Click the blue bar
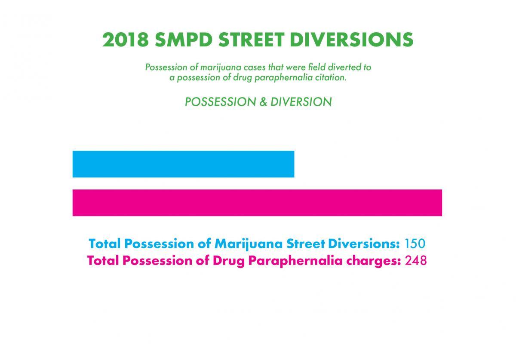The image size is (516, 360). pyautogui.click(x=183, y=164)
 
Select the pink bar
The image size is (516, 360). pyautogui.click(x=257, y=203)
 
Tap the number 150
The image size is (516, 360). pyautogui.click(x=415, y=244)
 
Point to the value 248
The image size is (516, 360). pyautogui.click(x=416, y=261)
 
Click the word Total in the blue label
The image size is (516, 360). pyautogui.click(x=104, y=244)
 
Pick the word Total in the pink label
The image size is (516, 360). pyautogui.click(x=103, y=261)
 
